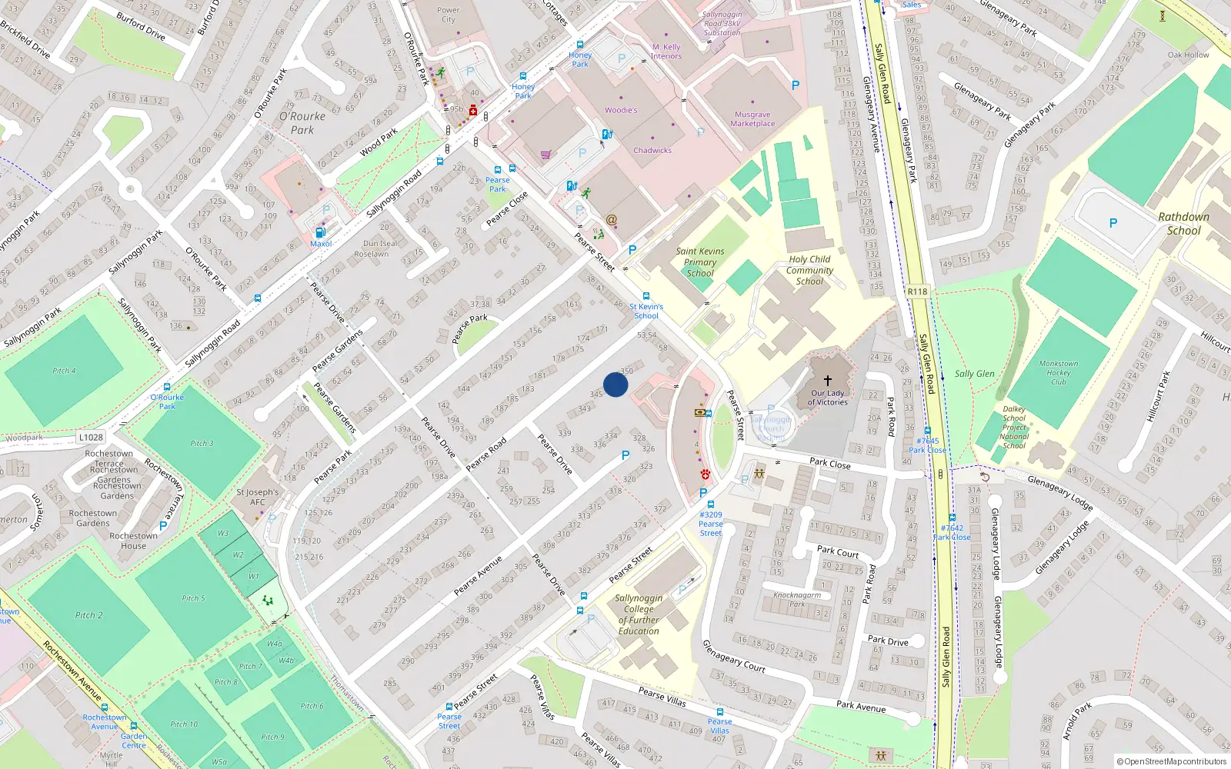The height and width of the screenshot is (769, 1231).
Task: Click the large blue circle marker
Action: pos(615,384)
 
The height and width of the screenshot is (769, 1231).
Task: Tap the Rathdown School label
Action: pos(1183,224)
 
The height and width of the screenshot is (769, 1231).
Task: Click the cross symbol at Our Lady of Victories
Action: pos(828,381)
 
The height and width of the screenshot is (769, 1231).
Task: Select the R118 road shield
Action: pos(917,291)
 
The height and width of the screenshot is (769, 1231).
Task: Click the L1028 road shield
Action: pos(91,437)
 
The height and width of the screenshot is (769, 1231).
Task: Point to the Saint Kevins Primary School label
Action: pos(699,262)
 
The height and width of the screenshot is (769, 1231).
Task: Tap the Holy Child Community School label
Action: pos(809,271)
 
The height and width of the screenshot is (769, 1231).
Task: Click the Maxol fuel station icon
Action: pos(320,232)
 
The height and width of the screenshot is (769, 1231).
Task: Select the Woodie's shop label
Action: pos(621,110)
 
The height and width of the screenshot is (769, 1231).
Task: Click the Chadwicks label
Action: pos(652,151)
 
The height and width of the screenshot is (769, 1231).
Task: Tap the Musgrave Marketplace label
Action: pos(752,119)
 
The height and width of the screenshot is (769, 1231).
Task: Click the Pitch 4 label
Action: pos(64,371)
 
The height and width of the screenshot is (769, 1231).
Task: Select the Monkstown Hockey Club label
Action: pos(1059,373)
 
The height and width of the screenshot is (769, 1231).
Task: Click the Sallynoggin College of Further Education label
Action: pos(639,614)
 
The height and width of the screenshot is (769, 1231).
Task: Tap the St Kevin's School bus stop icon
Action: pos(646,296)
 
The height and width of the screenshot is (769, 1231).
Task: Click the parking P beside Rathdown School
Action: pos(1113,223)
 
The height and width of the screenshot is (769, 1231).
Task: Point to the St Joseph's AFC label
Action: pos(258,497)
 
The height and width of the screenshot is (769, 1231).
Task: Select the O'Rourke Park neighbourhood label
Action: pos(302,123)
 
